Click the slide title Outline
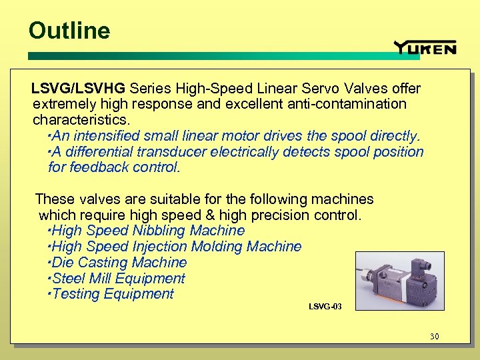69,31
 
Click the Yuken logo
425,47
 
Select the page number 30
434,337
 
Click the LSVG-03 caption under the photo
325,307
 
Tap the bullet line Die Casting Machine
119,263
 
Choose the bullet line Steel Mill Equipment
118,279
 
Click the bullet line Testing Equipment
112,294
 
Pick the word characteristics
81,119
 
